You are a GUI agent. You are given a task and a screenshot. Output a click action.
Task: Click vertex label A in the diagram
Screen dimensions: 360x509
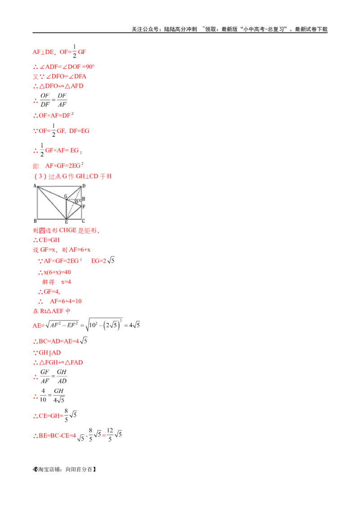tap(35, 186)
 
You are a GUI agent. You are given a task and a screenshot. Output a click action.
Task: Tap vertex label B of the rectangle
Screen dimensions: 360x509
tap(35, 221)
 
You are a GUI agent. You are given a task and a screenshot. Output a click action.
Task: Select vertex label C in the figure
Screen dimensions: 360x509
tap(84, 221)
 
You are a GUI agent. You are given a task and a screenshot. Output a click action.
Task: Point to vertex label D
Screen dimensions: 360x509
tap(84, 186)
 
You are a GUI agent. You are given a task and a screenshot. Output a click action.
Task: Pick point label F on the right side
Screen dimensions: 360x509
tap(84, 206)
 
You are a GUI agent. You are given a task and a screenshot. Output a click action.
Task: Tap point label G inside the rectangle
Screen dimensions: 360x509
tap(65, 196)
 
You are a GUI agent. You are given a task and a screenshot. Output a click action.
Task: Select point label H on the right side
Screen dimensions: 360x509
tap(84, 199)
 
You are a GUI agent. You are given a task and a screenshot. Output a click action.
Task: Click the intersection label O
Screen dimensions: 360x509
tap(76, 202)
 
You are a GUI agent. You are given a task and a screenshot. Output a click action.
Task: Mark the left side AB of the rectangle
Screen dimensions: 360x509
tap(38, 202)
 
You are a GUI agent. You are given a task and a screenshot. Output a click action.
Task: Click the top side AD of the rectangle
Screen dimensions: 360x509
tap(58, 186)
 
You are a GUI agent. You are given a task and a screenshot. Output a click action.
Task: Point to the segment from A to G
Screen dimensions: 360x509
tap(52, 192)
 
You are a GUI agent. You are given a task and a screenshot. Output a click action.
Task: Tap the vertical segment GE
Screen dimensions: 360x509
tap(67, 209)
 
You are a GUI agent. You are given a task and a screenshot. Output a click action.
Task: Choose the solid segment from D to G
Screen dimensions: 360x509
tap(75, 192)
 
